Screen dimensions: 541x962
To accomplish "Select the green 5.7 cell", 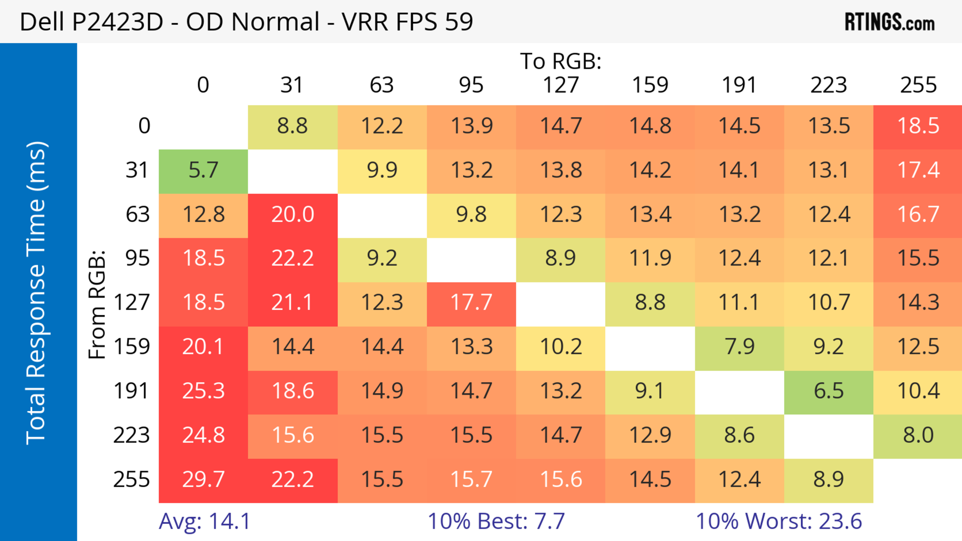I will pyautogui.click(x=203, y=170).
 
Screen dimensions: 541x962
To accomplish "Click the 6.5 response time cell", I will pyautogui.click(x=829, y=391).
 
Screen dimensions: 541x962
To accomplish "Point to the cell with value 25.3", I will pyautogui.click(x=203, y=391).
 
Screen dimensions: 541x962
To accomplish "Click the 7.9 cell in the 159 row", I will pyautogui.click(x=740, y=347).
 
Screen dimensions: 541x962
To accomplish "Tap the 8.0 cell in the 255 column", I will pyautogui.click(x=918, y=435).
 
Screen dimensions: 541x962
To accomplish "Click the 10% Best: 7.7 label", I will pyautogui.click(x=496, y=521).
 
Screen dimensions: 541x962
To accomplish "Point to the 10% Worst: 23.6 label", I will pyautogui.click(x=779, y=521).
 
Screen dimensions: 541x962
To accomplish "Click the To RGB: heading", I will pyautogui.click(x=561, y=61).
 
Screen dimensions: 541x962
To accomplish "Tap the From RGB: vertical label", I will pyautogui.click(x=97, y=304).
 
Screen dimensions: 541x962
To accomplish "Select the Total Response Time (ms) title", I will pyautogui.click(x=36, y=293).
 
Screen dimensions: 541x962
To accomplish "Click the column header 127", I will pyautogui.click(x=561, y=85).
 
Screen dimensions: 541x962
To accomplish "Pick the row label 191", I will pyautogui.click(x=132, y=391).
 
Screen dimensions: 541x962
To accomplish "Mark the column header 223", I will pyautogui.click(x=829, y=85).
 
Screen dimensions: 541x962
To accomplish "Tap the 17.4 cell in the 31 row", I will pyautogui.click(x=918, y=170).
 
